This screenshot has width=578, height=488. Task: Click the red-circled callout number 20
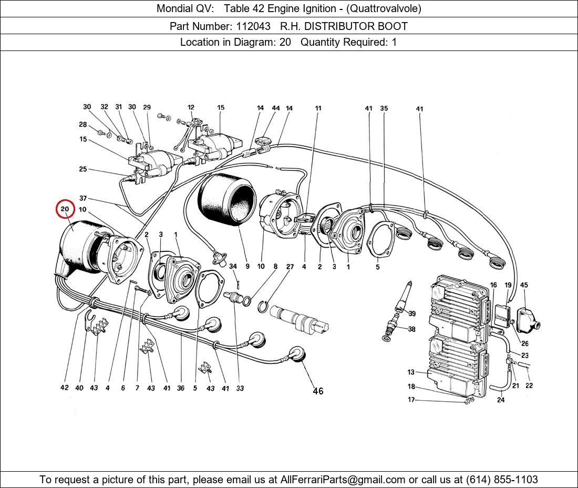click(x=65, y=209)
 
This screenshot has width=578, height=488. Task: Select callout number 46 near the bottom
click(x=318, y=391)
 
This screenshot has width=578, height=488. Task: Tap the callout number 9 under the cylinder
click(x=247, y=267)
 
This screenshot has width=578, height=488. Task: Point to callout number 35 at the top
click(x=384, y=109)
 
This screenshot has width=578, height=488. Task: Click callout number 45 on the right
click(x=524, y=285)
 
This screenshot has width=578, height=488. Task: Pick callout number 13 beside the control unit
click(x=411, y=372)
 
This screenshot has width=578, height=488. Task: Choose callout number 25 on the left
click(x=83, y=169)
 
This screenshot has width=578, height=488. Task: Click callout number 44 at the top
click(x=275, y=108)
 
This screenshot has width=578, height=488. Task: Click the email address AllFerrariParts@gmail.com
click(x=343, y=480)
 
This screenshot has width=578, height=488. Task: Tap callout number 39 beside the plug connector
click(x=412, y=314)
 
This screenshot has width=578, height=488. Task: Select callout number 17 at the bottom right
click(x=411, y=400)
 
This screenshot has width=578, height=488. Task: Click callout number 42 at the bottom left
click(x=64, y=388)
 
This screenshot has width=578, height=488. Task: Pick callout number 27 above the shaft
click(x=290, y=267)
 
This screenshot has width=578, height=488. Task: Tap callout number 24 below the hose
click(x=501, y=400)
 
